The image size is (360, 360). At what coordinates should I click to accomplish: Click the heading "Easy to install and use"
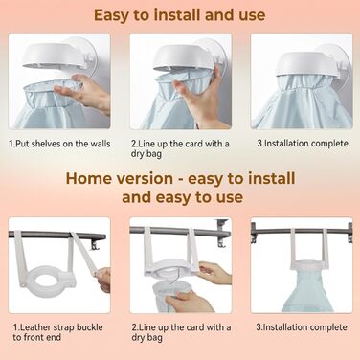180,15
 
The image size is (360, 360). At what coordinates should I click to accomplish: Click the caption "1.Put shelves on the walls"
59,144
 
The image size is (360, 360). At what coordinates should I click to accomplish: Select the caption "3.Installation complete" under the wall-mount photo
303,144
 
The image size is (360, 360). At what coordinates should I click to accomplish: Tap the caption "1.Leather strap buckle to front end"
57,332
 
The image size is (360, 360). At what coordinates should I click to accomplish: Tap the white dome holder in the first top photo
56,56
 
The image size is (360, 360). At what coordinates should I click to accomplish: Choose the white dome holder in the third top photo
304,64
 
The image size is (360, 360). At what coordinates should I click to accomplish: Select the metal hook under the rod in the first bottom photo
96,245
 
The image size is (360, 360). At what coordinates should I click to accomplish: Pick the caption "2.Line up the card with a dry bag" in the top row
180,148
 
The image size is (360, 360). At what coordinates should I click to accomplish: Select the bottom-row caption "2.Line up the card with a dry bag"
181,332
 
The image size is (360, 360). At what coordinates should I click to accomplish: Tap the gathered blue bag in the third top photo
302,101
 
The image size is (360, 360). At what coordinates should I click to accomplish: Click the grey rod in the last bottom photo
302,231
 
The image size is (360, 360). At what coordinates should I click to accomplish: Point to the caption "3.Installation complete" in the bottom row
302,327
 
